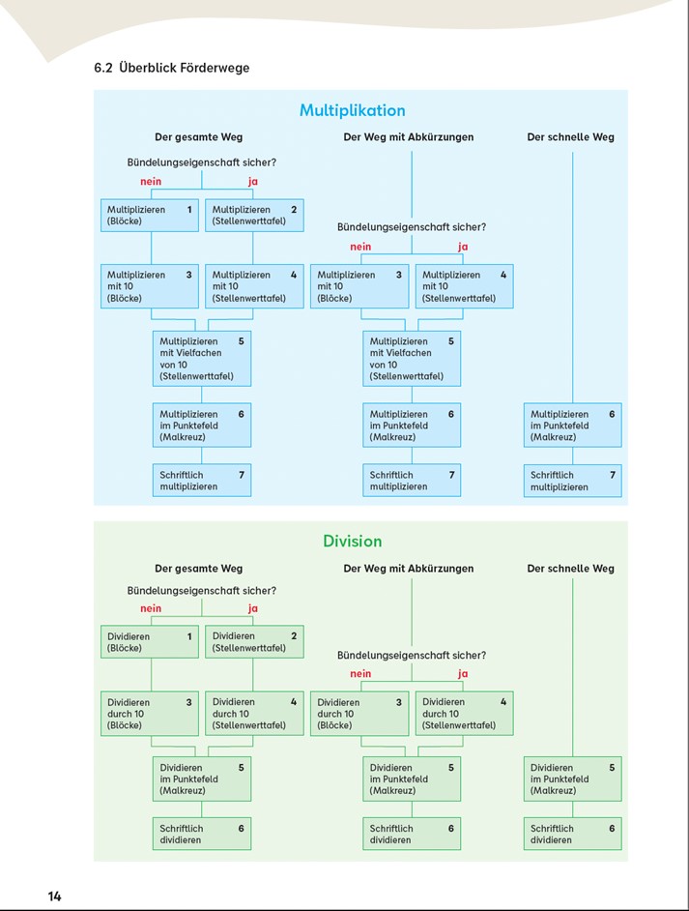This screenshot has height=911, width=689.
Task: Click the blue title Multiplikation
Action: click(x=353, y=110)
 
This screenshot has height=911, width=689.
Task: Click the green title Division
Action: click(x=353, y=541)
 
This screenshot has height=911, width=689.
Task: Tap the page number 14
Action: click(x=54, y=896)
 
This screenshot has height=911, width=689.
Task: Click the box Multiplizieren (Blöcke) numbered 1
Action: click(x=149, y=216)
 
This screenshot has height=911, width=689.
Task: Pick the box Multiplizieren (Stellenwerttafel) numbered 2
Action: click(x=254, y=216)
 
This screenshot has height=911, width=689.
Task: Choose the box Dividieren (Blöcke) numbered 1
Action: click(x=149, y=642)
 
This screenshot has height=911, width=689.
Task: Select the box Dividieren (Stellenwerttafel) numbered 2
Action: click(x=254, y=642)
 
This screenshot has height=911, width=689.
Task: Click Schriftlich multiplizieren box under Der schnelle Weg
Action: click(x=572, y=481)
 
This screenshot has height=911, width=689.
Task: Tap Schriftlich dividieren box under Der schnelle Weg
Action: click(x=572, y=834)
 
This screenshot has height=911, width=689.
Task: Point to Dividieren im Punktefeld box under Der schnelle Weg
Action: click(x=572, y=779)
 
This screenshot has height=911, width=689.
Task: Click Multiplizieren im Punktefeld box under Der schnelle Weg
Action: click(x=572, y=426)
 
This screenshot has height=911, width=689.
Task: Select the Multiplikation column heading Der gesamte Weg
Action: click(x=198, y=137)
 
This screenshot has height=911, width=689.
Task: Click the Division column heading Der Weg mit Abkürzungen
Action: click(x=409, y=569)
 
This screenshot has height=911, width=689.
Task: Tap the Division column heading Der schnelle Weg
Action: click(x=570, y=569)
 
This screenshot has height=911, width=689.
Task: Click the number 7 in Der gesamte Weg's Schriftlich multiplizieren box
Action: click(x=242, y=475)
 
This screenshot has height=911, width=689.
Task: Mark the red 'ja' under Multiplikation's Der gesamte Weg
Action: click(x=252, y=181)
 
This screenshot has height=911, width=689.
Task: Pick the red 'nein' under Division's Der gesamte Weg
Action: click(x=151, y=608)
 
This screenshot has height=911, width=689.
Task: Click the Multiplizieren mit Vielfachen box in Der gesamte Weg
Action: click(x=202, y=359)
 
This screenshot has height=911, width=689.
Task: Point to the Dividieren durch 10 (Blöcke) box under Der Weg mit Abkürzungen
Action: click(x=359, y=714)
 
